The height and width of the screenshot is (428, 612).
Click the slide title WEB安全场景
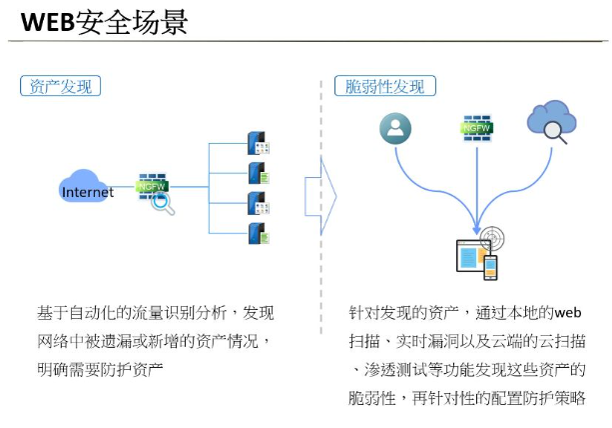[104, 23]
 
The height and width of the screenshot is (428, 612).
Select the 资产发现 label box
[61, 86]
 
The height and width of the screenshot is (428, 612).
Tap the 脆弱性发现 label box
[384, 86]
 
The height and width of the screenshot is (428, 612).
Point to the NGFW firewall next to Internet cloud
[152, 186]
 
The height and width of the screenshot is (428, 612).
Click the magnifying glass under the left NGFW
[163, 204]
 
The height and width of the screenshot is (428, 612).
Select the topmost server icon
[259, 143]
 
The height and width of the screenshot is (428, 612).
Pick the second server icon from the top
[259, 173]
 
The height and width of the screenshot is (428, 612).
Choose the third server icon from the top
[259, 203]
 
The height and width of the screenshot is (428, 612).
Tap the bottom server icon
[259, 233]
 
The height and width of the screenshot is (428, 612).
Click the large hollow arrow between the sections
[320, 196]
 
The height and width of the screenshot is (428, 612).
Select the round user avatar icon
[395, 129]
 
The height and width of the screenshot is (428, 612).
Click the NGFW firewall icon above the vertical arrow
[476, 128]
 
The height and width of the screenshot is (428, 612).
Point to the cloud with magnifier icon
[551, 122]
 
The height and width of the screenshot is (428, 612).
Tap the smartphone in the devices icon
[490, 267]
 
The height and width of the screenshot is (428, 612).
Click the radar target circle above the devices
[492, 238]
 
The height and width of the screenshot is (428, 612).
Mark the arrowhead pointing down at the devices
[476, 229]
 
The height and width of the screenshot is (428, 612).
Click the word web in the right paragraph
[568, 313]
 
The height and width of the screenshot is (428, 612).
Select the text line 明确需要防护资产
[100, 369]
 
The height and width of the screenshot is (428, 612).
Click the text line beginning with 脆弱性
[467, 398]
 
